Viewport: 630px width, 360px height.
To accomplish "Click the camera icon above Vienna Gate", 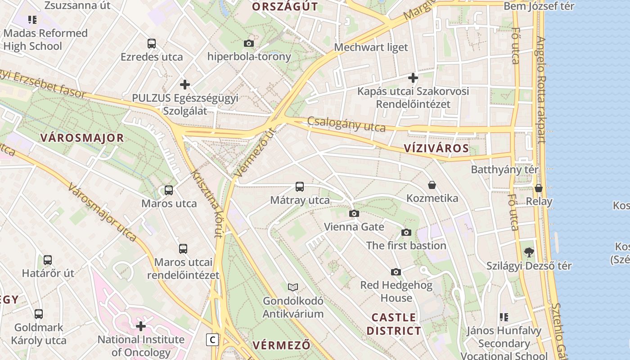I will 354,213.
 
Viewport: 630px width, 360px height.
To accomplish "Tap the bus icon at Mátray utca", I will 300,186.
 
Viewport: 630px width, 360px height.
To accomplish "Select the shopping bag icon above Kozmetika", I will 432,185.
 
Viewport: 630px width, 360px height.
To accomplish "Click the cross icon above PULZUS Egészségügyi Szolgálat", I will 184,85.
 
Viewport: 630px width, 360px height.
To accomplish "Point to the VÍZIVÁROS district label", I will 436,148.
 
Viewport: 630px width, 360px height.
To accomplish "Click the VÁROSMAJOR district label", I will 82,138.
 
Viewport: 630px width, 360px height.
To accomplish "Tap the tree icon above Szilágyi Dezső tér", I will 529,252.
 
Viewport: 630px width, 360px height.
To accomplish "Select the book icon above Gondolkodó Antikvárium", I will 293,287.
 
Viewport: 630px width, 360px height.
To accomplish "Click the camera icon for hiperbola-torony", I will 248,43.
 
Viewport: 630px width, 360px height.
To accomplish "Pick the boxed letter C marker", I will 212,339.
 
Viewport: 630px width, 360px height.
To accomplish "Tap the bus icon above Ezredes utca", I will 152,44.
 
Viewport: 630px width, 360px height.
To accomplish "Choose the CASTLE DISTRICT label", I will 394,324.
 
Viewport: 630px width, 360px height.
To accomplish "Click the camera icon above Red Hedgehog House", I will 396,272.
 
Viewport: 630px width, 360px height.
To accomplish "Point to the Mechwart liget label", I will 371,47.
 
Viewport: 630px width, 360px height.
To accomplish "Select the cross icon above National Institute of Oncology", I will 141,326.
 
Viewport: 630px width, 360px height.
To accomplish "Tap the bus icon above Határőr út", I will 48,260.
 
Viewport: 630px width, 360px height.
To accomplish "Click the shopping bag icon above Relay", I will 539,188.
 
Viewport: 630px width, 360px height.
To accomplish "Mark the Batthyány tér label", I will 504,170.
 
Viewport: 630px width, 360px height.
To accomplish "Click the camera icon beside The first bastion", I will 406,232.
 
